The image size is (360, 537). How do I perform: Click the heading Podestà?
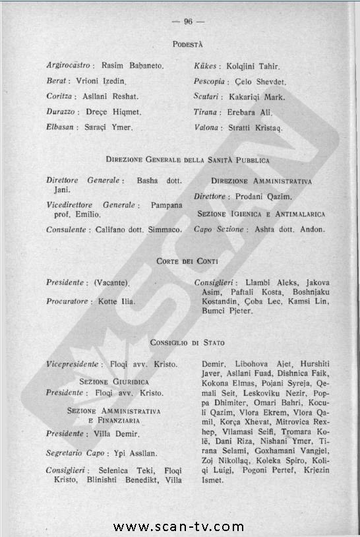point(188,44)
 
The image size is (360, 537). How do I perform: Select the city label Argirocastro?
point(69,67)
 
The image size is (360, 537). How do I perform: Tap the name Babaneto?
point(150,67)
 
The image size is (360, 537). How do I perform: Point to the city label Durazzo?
point(63,112)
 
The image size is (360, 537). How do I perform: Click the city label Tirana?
point(206,113)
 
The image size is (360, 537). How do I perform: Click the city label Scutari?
point(208,98)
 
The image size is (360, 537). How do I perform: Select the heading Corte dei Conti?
point(188,262)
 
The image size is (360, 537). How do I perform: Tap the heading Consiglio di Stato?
point(188,343)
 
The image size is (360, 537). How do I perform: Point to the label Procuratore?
point(67,301)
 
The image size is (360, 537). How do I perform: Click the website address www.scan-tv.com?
point(179,526)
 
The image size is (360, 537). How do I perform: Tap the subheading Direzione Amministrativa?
point(262,181)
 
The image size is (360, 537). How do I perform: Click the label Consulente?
point(67,230)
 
